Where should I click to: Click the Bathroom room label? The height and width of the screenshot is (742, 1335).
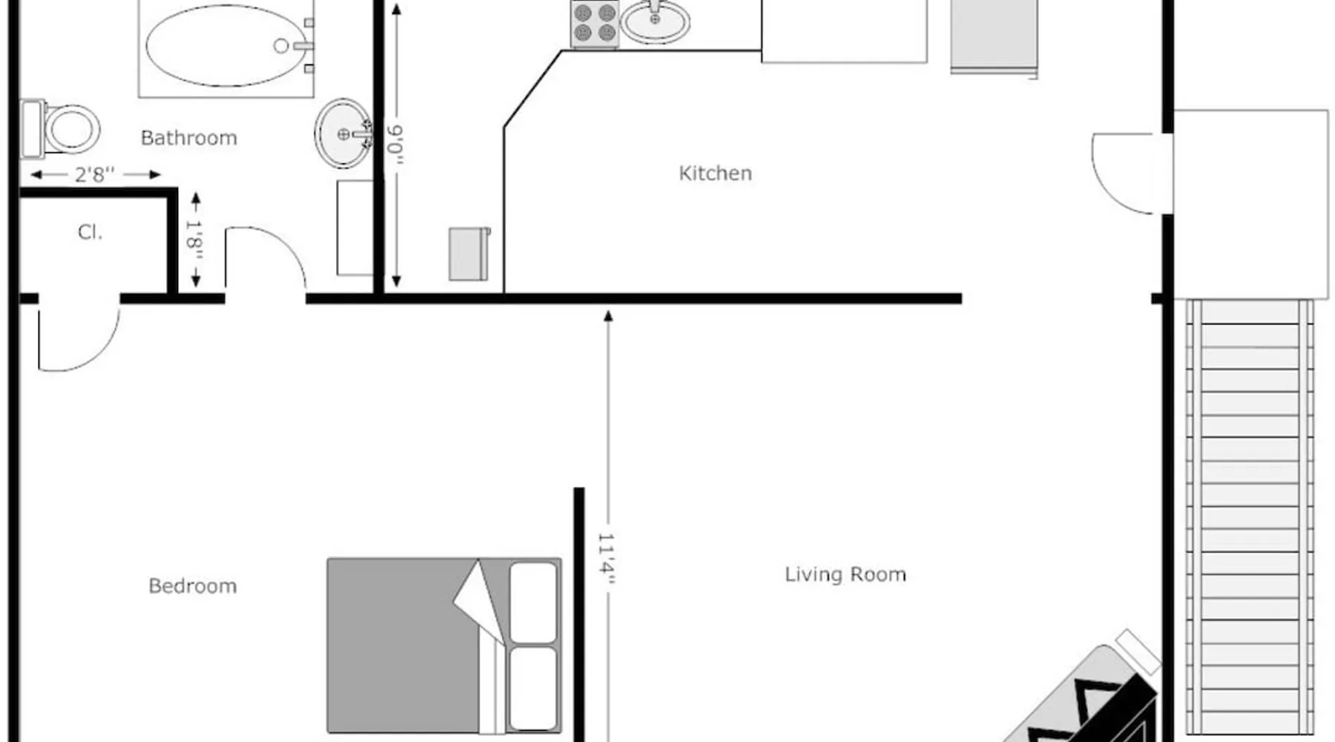[189, 138]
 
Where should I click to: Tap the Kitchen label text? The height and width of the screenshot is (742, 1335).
[715, 173]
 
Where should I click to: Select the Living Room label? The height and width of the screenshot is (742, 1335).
[845, 574]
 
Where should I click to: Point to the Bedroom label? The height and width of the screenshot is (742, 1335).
[193, 586]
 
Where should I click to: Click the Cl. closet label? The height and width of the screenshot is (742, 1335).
[90, 232]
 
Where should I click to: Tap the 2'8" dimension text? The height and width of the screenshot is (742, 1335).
[95, 174]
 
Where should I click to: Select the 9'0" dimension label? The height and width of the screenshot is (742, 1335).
[396, 145]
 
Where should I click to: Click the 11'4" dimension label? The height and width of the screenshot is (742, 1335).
[607, 559]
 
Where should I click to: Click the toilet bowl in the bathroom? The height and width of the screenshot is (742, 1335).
[72, 129]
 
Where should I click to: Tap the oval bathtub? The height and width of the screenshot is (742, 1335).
[225, 45]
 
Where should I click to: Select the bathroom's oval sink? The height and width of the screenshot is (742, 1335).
[343, 134]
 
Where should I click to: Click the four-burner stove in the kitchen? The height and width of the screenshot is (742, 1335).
[595, 23]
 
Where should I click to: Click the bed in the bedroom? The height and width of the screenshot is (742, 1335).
[444, 646]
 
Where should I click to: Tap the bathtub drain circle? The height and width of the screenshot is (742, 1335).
[281, 46]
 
